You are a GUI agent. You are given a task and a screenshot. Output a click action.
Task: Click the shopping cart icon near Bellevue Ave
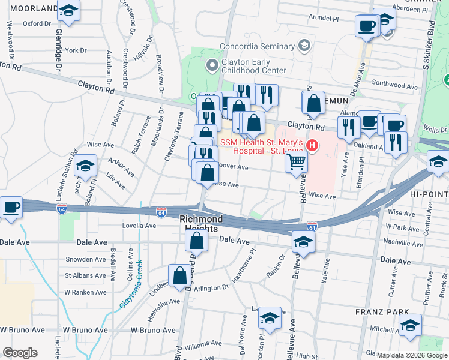(297, 161)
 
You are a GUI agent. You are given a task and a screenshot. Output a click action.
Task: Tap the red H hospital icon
(312, 145)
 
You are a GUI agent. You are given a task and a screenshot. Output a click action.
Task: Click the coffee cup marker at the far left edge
(11, 208)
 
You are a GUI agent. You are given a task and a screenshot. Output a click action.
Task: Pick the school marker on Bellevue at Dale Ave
(303, 242)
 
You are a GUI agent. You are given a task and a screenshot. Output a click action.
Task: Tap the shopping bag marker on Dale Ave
(196, 241)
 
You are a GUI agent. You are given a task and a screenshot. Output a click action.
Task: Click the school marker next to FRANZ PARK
(411, 326)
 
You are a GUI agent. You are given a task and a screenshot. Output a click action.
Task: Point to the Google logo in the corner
(20, 353)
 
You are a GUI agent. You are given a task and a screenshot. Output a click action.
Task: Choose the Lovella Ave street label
(139, 226)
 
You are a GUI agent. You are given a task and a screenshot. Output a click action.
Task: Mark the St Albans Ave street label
(85, 276)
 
